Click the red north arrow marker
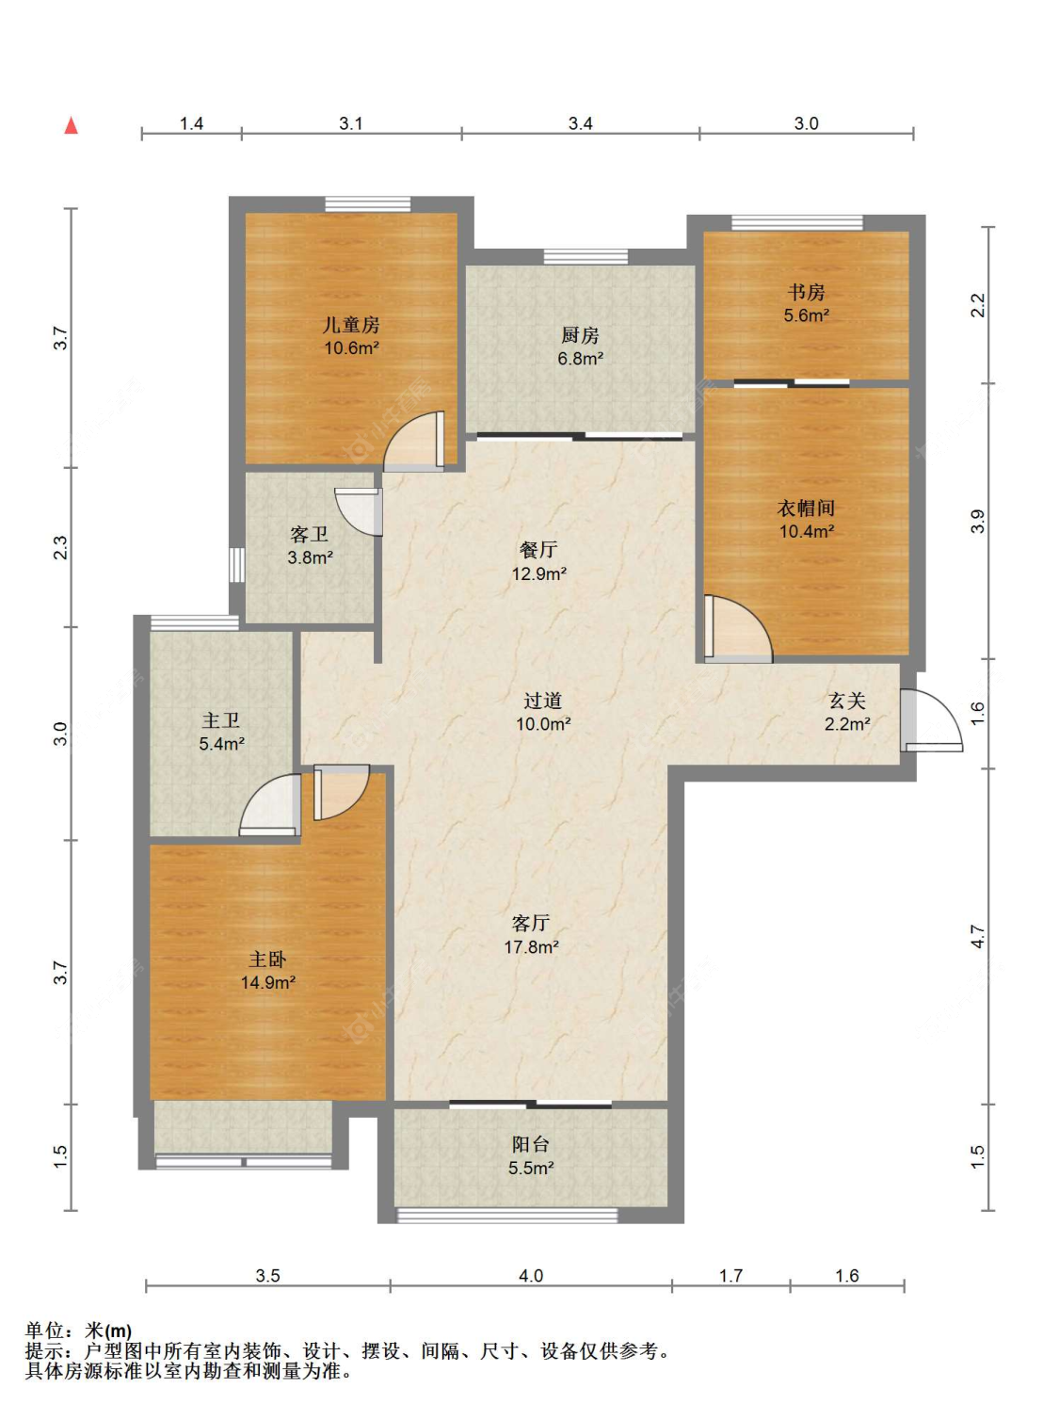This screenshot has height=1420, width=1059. pyautogui.click(x=72, y=125)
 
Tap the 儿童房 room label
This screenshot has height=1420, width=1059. pyautogui.click(x=351, y=324)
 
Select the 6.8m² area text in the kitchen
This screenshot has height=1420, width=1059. pyautogui.click(x=580, y=358)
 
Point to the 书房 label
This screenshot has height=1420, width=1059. pyautogui.click(x=806, y=293)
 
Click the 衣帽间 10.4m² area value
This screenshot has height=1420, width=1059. pyautogui.click(x=806, y=531)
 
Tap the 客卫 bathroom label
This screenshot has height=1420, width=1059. pyautogui.click(x=309, y=534)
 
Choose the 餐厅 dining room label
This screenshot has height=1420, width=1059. pyautogui.click(x=538, y=550)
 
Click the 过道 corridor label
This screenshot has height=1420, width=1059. pyautogui.click(x=542, y=701)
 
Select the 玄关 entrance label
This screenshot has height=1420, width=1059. pyautogui.click(x=847, y=701)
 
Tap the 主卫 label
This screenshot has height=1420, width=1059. pyautogui.click(x=221, y=720)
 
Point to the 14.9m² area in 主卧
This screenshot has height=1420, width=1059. pyautogui.click(x=267, y=983)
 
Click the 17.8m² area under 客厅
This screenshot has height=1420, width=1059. pyautogui.click(x=531, y=947)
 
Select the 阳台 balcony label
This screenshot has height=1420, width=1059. pyautogui.click(x=531, y=1144)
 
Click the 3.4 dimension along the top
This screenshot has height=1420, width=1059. pyautogui.click(x=580, y=123)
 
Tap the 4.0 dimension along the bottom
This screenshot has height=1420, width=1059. pyautogui.click(x=531, y=1276)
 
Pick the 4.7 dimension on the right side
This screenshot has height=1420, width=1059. pyautogui.click(x=977, y=937)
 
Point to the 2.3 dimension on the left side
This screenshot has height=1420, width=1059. pyautogui.click(x=60, y=547)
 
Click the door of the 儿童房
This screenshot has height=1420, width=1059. pyautogui.click(x=414, y=442)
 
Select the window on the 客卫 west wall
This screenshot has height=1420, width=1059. pyautogui.click(x=237, y=565)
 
